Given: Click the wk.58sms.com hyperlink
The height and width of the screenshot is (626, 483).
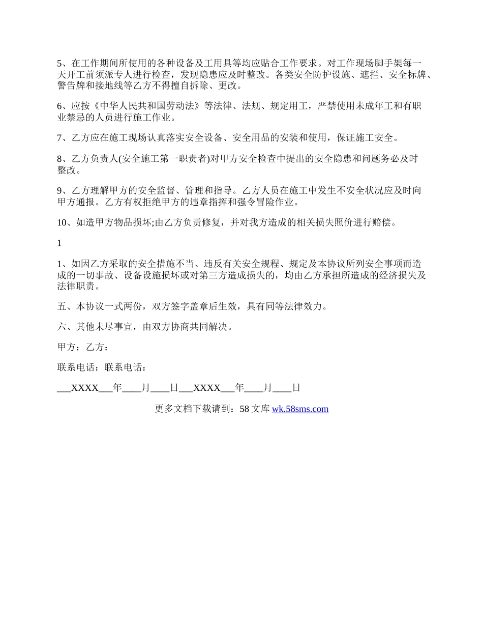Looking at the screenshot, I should (x=300, y=409).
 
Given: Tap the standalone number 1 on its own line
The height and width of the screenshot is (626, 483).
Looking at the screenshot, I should (x=59, y=243).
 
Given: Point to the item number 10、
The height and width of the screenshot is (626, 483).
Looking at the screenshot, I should (x=65, y=222).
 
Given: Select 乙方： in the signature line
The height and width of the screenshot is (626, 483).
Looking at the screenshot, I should (x=97, y=347).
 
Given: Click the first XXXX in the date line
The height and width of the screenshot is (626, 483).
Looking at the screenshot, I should (x=84, y=388).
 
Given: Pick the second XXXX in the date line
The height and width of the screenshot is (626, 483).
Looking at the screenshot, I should (x=207, y=388).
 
